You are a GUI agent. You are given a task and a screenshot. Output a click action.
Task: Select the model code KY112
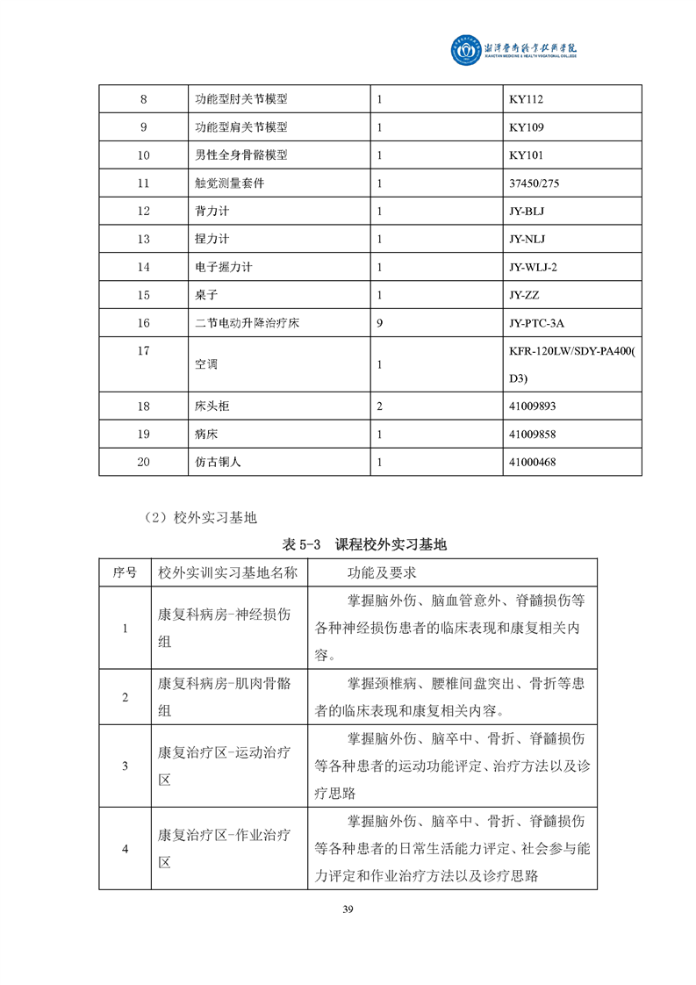527,99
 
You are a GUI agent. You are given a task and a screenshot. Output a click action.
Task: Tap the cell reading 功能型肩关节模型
241,127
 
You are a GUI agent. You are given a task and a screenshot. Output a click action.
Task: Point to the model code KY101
527,155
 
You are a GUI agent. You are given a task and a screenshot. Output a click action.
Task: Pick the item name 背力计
211,212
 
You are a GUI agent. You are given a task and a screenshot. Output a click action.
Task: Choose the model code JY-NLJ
527,239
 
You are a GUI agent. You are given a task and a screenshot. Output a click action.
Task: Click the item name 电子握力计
223,267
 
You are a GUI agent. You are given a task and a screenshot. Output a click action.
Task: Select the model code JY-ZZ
525,295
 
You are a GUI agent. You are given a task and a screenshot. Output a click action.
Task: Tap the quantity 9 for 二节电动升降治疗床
379,323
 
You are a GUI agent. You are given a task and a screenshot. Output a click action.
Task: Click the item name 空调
205,363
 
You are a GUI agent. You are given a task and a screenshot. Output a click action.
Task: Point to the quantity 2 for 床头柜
379,406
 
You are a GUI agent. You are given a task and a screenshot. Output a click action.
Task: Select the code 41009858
533,435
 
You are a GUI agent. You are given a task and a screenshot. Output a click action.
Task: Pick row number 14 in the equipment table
144,267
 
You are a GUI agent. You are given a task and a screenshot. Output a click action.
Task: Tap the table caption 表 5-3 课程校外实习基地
365,545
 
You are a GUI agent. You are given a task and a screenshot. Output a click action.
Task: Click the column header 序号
125,572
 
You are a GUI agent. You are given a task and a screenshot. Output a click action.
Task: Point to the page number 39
348,909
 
